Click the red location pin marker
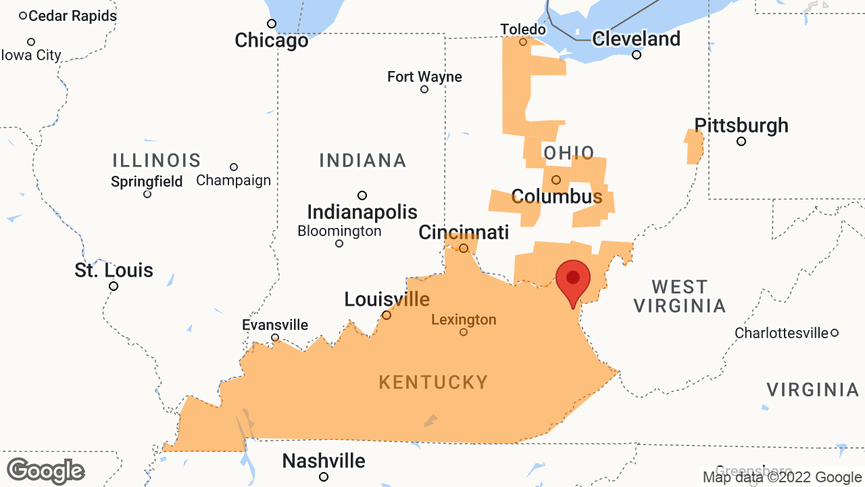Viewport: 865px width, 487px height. (x=573, y=279)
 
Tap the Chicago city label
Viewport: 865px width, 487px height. (x=271, y=41)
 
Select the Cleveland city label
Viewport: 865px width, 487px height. (x=636, y=39)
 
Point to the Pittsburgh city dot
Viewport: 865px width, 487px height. (x=741, y=141)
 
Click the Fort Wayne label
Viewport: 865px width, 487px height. (x=424, y=77)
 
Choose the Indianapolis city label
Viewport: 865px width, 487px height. (x=362, y=212)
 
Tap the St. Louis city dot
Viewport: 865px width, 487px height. (x=114, y=286)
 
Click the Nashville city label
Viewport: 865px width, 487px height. (x=324, y=461)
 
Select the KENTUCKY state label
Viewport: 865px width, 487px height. (x=433, y=382)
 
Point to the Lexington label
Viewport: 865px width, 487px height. (x=464, y=319)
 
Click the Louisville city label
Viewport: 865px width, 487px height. (x=387, y=299)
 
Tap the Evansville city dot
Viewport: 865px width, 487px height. (x=275, y=338)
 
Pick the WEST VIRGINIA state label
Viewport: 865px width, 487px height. (x=679, y=296)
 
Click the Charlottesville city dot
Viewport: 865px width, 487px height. (x=835, y=333)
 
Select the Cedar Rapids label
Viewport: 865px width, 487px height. (x=72, y=16)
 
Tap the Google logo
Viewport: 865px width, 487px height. (x=45, y=471)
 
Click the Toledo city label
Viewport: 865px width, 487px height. (x=522, y=29)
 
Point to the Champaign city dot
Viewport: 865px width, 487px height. (x=234, y=167)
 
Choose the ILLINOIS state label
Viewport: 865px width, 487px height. (x=157, y=160)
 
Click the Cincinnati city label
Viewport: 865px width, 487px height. (x=464, y=233)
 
